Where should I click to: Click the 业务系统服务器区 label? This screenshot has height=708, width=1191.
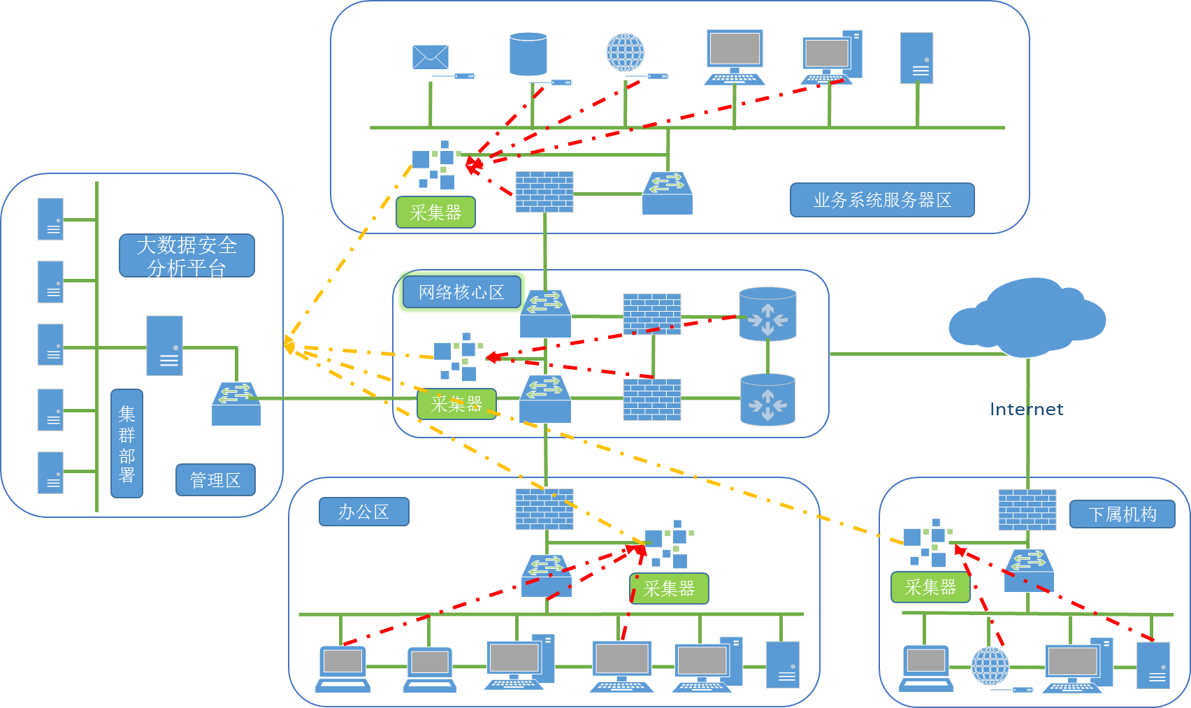pos(882,201)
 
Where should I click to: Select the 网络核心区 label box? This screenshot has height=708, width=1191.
pos(461,292)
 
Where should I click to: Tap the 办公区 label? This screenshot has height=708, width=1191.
pos(363,512)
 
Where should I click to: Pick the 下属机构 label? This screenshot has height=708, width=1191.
pos(1122,515)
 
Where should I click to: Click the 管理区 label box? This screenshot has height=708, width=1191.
pos(215,480)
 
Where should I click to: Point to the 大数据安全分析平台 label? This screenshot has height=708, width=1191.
pos(187,256)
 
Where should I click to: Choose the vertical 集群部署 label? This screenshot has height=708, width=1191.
pos(127,444)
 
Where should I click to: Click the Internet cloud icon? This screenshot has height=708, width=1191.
pos(1027,318)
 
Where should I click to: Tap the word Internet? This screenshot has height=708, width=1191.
pos(1026,410)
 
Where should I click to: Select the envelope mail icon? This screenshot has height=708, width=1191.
pos(430,57)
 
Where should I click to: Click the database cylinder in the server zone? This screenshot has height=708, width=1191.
pos(528,54)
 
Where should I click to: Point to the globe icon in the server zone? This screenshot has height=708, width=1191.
pos(625,52)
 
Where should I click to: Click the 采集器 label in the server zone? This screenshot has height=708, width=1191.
pos(435,212)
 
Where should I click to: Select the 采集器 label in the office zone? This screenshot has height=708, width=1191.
pos(669,589)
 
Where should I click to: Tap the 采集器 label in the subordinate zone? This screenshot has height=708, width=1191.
pos(930,587)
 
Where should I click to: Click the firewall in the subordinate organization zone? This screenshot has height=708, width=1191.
pos(1027,510)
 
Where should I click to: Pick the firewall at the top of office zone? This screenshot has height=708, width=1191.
pos(544,509)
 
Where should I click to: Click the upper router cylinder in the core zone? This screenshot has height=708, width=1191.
pos(767,314)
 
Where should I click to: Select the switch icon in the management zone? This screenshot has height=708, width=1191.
pos(236,404)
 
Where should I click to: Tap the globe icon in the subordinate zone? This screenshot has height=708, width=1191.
pos(990,665)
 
